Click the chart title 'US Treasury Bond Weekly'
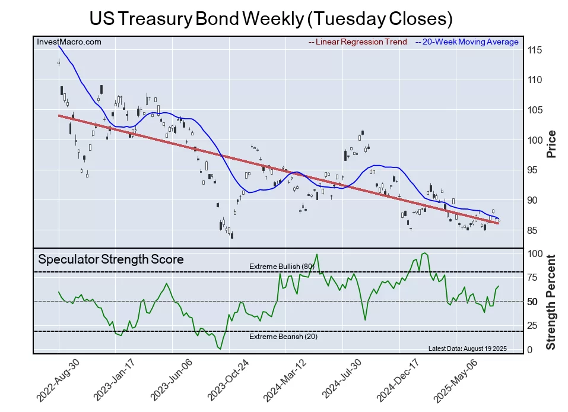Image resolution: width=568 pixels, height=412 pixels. (x=271, y=18)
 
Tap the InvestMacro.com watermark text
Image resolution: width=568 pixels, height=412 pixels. (x=69, y=42)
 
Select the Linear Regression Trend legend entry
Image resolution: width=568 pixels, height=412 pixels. (x=358, y=42)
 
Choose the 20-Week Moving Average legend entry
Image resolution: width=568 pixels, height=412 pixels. (x=467, y=42)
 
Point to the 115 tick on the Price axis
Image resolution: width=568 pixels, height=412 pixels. (x=535, y=50)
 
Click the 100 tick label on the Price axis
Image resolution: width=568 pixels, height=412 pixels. (x=535, y=140)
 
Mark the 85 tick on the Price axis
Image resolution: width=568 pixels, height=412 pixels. (x=535, y=230)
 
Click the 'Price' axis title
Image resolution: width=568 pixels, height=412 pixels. (x=551, y=143)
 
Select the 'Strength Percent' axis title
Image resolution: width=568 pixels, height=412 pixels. (x=551, y=302)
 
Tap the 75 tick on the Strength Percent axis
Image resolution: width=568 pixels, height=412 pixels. (x=533, y=277)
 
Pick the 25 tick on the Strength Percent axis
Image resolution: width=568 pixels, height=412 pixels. (x=533, y=325)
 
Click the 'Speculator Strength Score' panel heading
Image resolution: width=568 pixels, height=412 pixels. (x=111, y=259)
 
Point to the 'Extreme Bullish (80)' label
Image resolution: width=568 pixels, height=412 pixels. (x=281, y=267)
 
